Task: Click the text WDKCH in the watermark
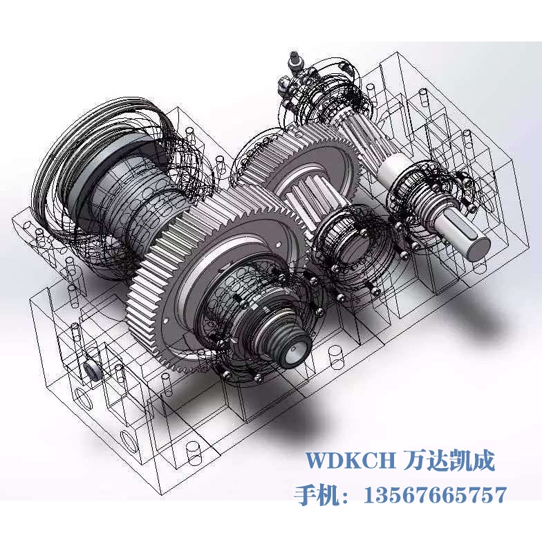point(350,460)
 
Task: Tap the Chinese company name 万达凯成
point(449,460)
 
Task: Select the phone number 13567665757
point(436,495)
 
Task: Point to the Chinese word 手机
point(317,495)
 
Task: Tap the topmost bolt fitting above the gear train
point(295,61)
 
